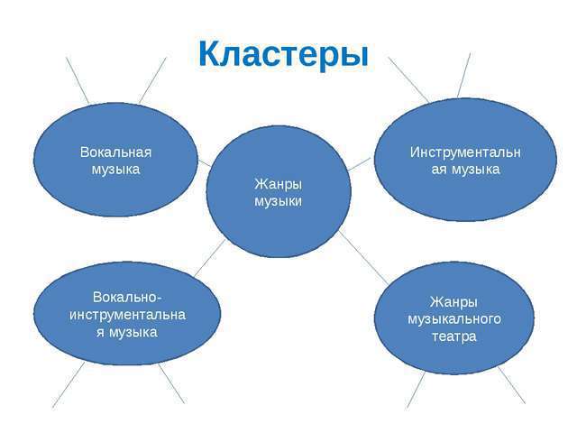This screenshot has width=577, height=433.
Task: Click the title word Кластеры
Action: click(x=284, y=54)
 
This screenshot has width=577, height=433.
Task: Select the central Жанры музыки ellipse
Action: click(x=278, y=226)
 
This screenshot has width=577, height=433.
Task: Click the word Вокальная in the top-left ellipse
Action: click(x=115, y=152)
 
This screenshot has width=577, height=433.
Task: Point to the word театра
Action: click(x=453, y=336)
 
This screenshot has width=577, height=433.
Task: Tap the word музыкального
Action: click(x=453, y=318)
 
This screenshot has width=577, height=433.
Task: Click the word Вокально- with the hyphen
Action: click(x=127, y=297)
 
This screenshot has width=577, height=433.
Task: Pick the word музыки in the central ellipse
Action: click(x=278, y=201)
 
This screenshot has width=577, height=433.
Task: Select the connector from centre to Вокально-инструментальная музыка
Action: click(x=209, y=257)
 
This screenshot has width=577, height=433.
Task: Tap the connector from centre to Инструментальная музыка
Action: click(x=360, y=163)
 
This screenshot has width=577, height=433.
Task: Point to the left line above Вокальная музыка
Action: click(x=78, y=79)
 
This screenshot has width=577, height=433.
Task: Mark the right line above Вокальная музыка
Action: click(x=153, y=79)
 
